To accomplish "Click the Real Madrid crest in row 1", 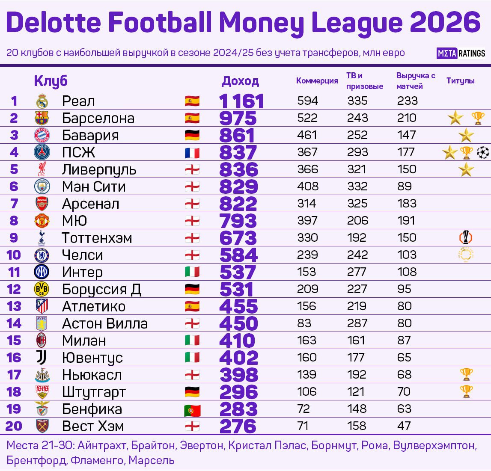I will coord(42,101).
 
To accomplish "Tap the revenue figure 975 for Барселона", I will coord(238,118).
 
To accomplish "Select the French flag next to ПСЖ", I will coord(192,153).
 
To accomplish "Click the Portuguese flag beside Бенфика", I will coord(192,410).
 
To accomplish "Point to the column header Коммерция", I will coord(317,81).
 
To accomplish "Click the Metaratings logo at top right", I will coord(461,53).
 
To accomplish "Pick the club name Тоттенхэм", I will coord(97,238).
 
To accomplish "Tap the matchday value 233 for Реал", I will coord(407,101).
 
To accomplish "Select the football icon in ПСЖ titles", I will coord(482,152).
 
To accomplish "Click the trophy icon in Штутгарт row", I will coord(466,391).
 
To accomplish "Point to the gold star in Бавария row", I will coord(466,136).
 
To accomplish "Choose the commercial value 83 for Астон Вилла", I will coord(304,323).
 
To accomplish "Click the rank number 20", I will coord(14,426).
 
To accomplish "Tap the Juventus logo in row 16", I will coord(42,358).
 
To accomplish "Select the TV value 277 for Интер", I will coord(357,272).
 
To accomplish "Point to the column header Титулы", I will coord(460,81).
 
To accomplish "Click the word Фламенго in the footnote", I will coord(97,460).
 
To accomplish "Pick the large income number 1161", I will coord(241,101).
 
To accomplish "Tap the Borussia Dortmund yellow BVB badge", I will coord(42,289).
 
